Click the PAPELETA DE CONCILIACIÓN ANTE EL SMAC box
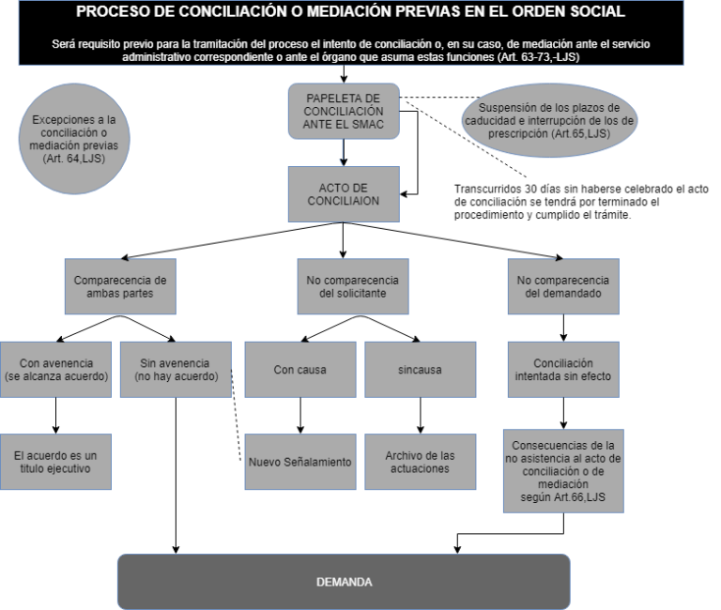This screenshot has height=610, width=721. coord(344,112)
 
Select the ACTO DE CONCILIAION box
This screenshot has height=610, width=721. coord(344,194)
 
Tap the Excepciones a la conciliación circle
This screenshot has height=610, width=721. coord(74,139)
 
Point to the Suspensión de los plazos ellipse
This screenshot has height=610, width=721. coord(549,120)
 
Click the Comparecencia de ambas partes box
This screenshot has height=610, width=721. coord(120,286)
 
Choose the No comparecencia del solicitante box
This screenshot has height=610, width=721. coord(353,286)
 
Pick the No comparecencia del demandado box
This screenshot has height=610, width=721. coord(563,286)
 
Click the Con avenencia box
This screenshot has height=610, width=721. coord(55,370)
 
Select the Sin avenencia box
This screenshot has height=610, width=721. coord(176,370)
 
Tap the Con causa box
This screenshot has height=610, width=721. coord(300,370)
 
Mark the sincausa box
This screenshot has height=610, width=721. coord(421,370)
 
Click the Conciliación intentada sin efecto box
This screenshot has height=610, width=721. coord(563,370)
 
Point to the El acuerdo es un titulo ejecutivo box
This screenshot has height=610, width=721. coord(55,462)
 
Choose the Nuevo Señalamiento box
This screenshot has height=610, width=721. coord(300,462)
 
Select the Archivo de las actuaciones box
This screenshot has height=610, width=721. coord(421,462)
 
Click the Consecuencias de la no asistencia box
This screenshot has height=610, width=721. coord(563,471)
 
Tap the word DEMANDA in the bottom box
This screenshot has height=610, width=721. coord(344,582)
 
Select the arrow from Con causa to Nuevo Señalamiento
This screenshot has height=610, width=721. coord(300,416)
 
